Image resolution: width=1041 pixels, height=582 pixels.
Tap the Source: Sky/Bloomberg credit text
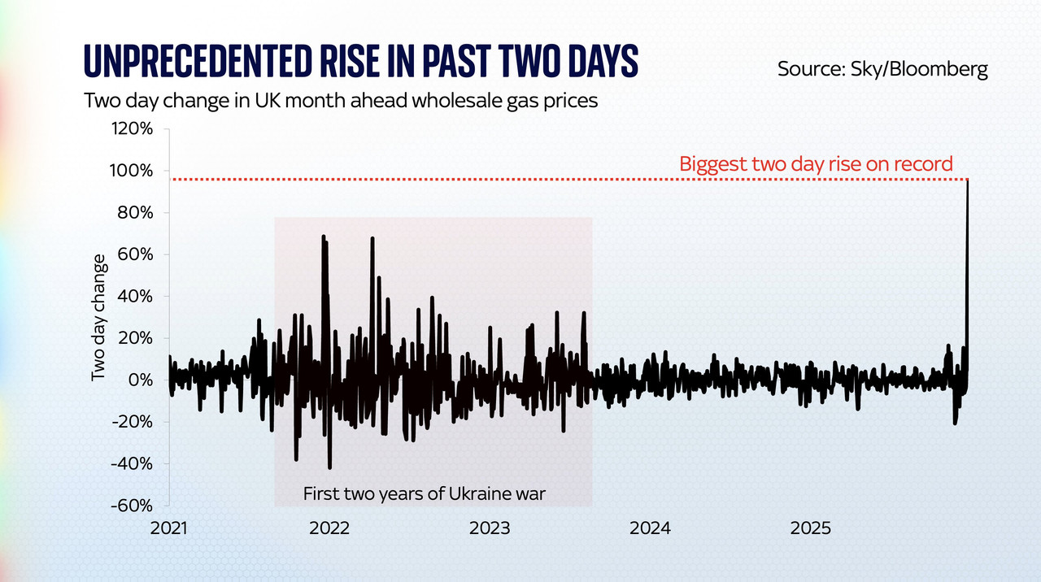[x=882, y=68]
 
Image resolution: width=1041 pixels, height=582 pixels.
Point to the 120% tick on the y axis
[x=133, y=129]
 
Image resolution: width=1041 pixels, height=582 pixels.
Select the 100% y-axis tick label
[x=133, y=171]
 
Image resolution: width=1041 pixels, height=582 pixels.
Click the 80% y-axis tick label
[x=135, y=213]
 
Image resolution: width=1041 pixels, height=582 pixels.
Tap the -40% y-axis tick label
[x=132, y=463]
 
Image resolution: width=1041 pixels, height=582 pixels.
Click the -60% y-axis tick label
[x=132, y=505]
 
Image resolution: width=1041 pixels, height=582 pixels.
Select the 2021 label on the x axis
[x=169, y=528]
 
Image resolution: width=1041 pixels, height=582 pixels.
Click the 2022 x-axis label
[x=329, y=528]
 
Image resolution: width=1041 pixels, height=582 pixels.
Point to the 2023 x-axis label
[x=490, y=528]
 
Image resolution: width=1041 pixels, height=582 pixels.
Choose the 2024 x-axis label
[x=650, y=528]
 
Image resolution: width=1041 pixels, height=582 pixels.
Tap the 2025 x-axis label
[x=810, y=528]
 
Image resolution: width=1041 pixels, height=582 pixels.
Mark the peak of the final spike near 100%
[x=967, y=180]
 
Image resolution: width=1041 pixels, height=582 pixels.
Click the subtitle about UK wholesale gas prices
[x=341, y=102]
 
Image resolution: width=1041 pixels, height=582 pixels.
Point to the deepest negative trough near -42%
[x=329, y=467]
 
